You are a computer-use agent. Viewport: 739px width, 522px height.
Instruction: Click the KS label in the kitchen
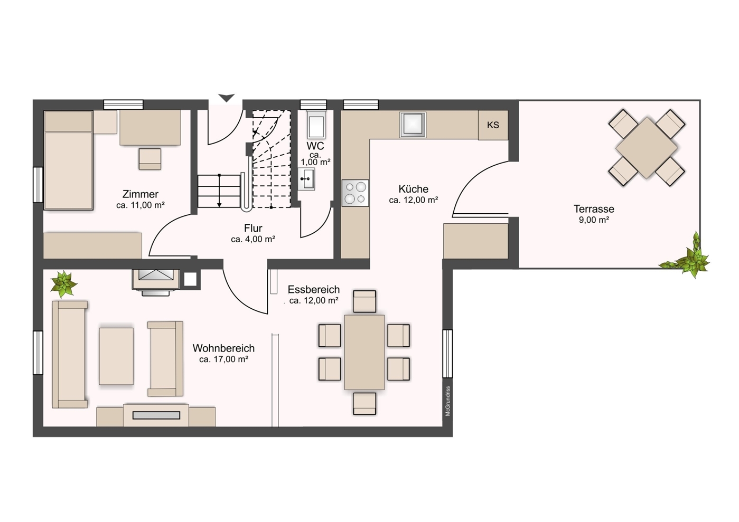pos(493,125)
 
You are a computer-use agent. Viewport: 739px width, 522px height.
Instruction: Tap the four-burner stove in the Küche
pos(355,193)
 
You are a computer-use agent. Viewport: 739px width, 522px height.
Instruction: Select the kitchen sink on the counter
pos(413,125)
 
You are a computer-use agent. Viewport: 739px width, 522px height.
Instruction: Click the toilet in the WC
pos(316,125)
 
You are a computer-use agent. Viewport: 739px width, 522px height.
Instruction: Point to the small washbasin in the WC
pos(306,179)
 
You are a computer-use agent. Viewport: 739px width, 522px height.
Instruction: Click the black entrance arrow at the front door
pos(226,98)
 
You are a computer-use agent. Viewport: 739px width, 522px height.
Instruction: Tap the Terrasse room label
pos(594,209)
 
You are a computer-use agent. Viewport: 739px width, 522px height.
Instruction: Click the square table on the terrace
pos(647,148)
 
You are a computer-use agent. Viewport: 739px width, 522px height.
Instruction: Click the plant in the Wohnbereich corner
pos(64,284)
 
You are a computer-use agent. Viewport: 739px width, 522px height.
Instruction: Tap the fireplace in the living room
pos(156,280)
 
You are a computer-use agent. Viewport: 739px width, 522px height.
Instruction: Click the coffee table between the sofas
pos(116,356)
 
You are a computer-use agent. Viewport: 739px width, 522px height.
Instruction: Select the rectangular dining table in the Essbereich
pos(364,352)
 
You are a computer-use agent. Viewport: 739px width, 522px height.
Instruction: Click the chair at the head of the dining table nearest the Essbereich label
pos(364,301)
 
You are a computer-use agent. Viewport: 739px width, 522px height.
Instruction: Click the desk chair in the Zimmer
pos(150,159)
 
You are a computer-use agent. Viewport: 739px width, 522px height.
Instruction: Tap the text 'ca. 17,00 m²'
pos(223,359)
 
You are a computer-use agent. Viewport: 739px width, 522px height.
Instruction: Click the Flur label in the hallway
pos(253,228)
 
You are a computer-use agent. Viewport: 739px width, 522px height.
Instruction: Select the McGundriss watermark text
pos(448,401)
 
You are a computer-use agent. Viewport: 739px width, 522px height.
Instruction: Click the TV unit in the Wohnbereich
pos(156,415)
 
